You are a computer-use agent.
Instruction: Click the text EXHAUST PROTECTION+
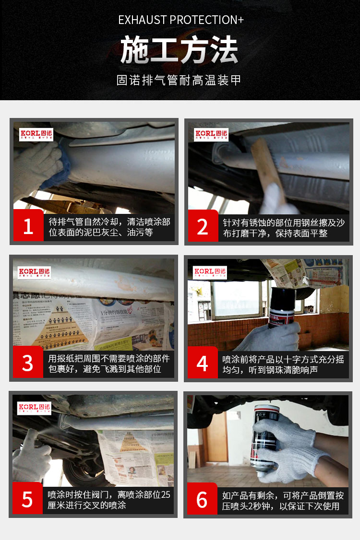[x=180, y=20]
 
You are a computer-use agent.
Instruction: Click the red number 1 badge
[x=28, y=226]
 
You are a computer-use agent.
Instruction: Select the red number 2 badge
[x=203, y=226]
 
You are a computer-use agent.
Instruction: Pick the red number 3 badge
[x=28, y=363]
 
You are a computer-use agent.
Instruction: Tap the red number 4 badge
[x=203, y=363]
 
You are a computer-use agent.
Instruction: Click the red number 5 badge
[x=28, y=499]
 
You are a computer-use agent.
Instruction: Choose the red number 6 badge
[x=203, y=499]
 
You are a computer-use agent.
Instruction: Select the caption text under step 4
[x=283, y=364]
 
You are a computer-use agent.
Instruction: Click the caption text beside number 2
[x=283, y=227]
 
